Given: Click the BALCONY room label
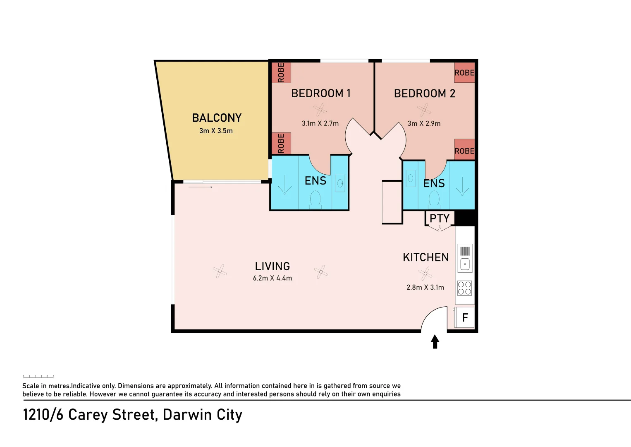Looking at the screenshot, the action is click(x=217, y=118).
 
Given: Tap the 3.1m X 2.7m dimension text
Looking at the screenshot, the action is click(x=320, y=123).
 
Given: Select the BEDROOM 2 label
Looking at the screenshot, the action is click(x=425, y=94).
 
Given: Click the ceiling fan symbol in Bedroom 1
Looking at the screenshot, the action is click(x=320, y=110).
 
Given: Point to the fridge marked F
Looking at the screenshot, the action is click(x=465, y=317).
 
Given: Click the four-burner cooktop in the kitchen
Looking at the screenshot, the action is click(x=464, y=288).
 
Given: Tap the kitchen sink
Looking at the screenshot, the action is click(x=465, y=258).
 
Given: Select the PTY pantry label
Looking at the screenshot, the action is click(x=440, y=218).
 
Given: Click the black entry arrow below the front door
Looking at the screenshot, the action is click(x=435, y=341).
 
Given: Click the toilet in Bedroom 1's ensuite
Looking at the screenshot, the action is click(x=315, y=199).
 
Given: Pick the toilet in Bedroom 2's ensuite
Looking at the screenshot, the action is click(x=434, y=199).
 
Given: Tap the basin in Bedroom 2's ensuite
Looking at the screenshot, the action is click(x=411, y=178).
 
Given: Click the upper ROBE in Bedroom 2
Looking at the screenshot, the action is click(x=464, y=73).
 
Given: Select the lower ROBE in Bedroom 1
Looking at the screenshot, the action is click(x=281, y=144).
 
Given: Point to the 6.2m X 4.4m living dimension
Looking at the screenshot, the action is click(x=272, y=278).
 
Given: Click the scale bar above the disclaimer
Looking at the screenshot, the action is click(x=38, y=376).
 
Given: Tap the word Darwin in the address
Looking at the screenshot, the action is click(x=187, y=415).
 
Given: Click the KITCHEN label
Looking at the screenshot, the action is click(x=425, y=257).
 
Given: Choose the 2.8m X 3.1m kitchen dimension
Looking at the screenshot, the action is click(x=425, y=287).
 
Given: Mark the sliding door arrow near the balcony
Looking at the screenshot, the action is click(x=200, y=187).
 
